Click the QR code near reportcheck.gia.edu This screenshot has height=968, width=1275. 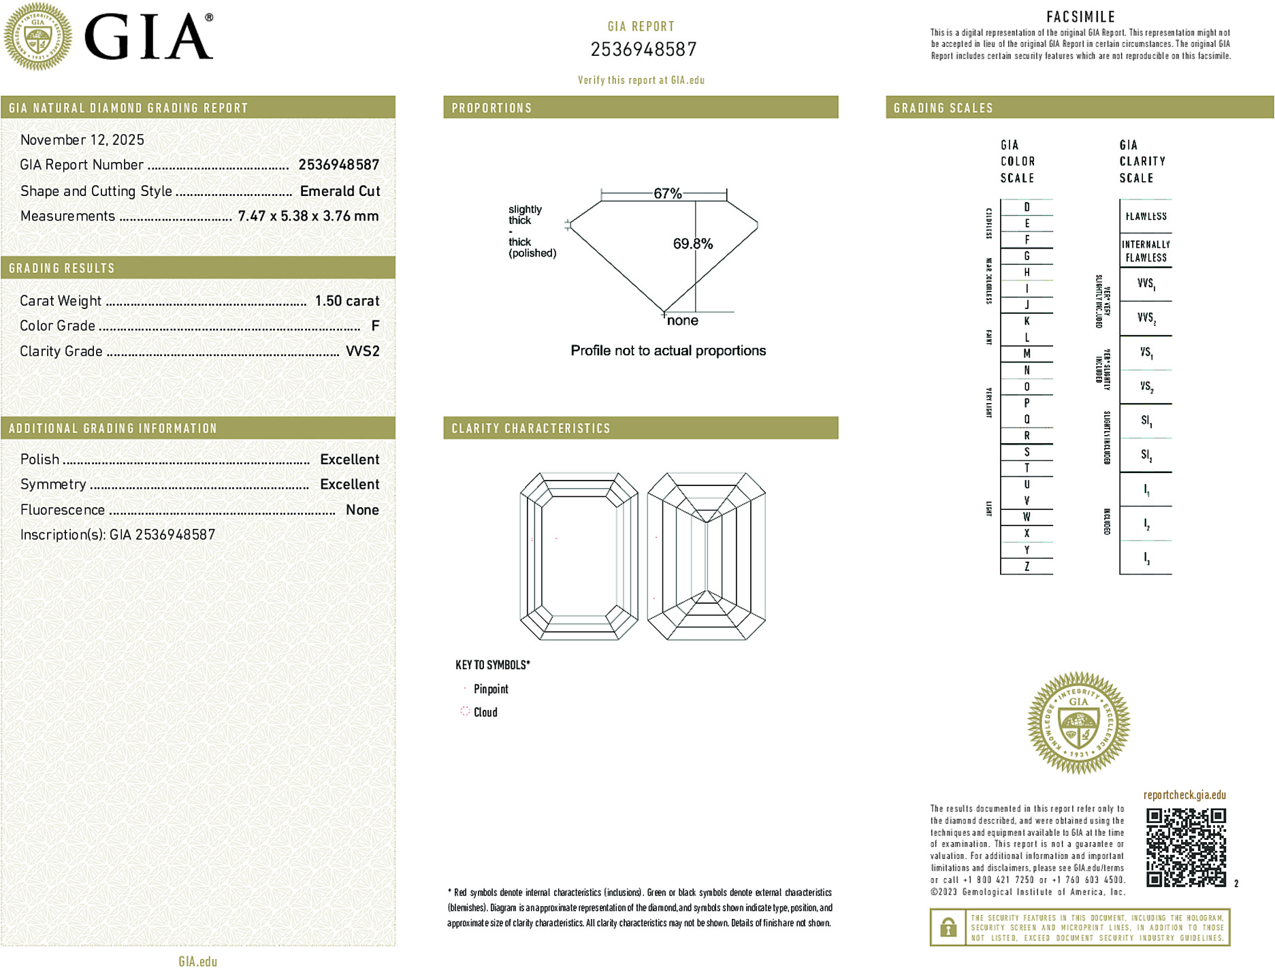click(x=1185, y=847)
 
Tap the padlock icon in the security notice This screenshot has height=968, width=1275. click(x=948, y=927)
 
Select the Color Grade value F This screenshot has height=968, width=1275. click(x=375, y=326)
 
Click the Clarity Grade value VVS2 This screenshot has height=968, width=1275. click(x=362, y=351)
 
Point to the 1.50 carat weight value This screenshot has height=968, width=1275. click(x=346, y=301)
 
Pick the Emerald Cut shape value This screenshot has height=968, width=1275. click(x=340, y=191)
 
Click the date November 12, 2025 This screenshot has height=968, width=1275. click(x=82, y=140)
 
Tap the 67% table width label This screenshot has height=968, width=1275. click(x=667, y=193)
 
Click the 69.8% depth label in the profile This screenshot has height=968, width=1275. click(x=692, y=244)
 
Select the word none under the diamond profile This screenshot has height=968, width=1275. click(x=682, y=321)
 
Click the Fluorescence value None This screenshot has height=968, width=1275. click(x=362, y=510)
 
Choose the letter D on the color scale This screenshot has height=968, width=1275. click(x=1027, y=207)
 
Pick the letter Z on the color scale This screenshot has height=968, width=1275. click(x=1027, y=566)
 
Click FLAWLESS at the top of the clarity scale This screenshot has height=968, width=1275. click(x=1146, y=216)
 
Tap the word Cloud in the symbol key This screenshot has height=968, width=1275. click(x=485, y=713)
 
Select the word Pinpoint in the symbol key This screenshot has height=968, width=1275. click(x=491, y=689)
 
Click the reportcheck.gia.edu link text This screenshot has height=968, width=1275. click(x=1184, y=795)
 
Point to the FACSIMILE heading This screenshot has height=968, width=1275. click(x=1080, y=17)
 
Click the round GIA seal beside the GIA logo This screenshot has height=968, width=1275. click(x=38, y=37)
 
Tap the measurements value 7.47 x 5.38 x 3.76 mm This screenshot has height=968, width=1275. click(x=308, y=216)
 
